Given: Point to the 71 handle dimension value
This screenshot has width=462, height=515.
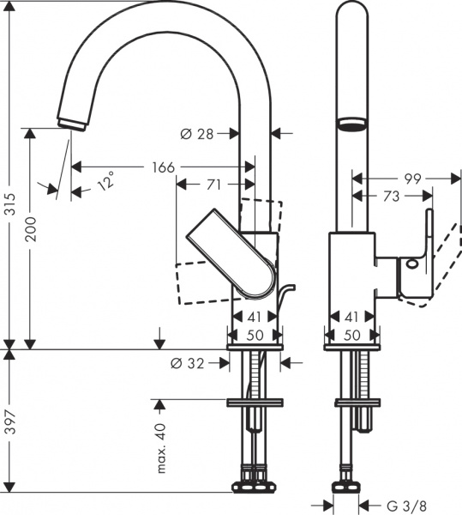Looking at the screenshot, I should point(214,184).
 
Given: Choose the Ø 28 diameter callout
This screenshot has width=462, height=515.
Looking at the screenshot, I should point(197,133).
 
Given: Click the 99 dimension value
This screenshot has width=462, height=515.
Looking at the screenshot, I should point(413,179).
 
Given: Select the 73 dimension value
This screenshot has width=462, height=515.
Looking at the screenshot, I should point(390,197).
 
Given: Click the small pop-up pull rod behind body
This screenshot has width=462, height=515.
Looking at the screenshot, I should point(285,296).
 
